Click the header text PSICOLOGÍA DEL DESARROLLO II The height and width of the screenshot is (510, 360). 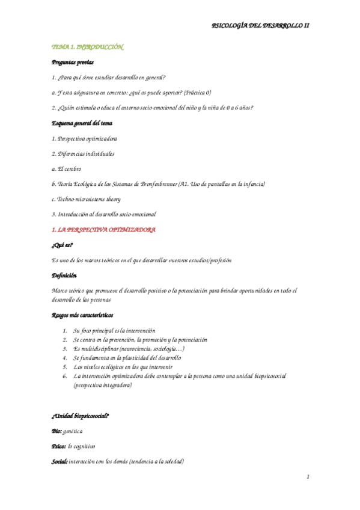(x=261, y=26)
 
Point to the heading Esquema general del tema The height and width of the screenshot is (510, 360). (x=82, y=123)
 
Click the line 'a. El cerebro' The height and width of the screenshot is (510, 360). (x=67, y=169)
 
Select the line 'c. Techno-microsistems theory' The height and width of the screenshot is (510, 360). (x=86, y=199)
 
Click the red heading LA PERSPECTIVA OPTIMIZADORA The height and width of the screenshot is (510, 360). (x=108, y=230)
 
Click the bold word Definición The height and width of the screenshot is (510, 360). (x=64, y=275)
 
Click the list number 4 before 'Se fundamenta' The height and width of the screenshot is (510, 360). (x=64, y=357)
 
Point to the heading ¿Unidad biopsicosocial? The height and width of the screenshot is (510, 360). (x=80, y=416)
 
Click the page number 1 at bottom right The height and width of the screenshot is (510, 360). (x=307, y=477)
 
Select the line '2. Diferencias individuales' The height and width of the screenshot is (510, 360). (x=83, y=154)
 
